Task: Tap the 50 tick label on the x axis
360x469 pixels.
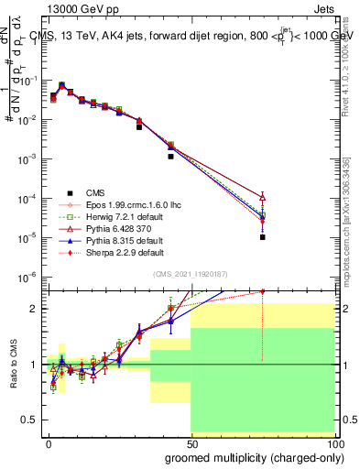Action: (x=191, y=443)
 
